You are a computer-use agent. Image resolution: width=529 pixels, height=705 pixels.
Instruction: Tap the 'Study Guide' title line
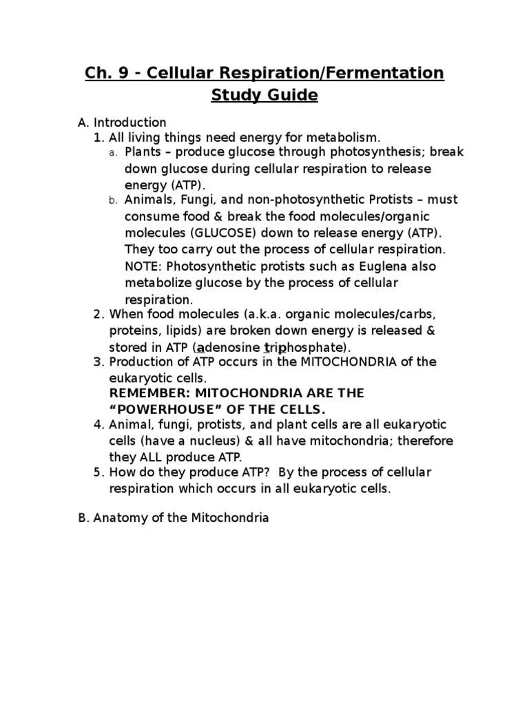pyautogui.click(x=264, y=95)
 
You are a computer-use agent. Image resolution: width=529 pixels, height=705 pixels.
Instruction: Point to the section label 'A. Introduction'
pyautogui.click(x=122, y=123)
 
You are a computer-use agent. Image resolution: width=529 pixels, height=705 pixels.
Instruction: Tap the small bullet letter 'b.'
pyautogui.click(x=114, y=200)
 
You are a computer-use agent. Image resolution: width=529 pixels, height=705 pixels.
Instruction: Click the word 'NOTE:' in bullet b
pyautogui.click(x=143, y=266)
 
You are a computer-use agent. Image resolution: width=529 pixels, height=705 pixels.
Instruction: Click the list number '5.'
pyautogui.click(x=99, y=472)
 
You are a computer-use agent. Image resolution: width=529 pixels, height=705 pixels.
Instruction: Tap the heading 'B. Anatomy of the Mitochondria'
pyautogui.click(x=174, y=518)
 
